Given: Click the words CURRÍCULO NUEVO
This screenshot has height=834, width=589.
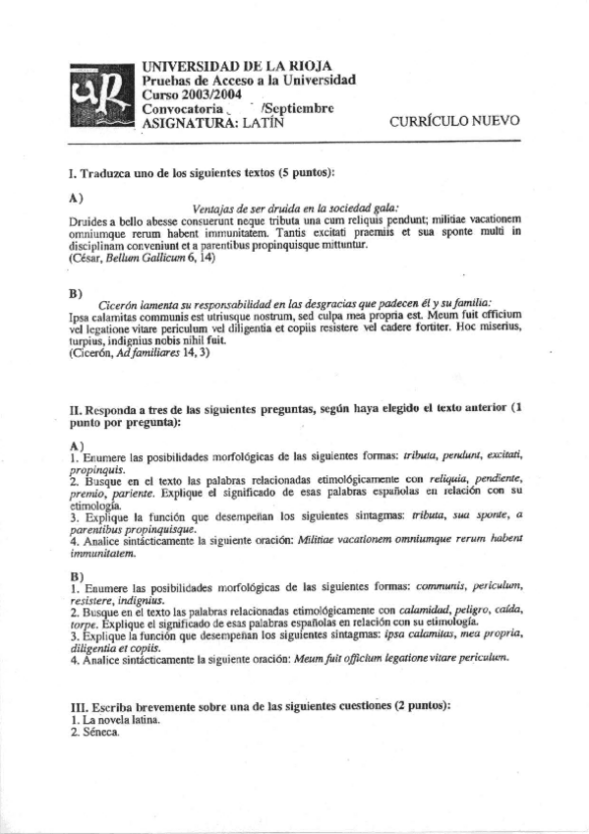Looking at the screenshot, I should [454, 122].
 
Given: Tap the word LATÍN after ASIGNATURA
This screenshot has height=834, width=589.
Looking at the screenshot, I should [256, 123].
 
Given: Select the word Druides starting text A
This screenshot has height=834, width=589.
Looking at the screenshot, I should [89, 219].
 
